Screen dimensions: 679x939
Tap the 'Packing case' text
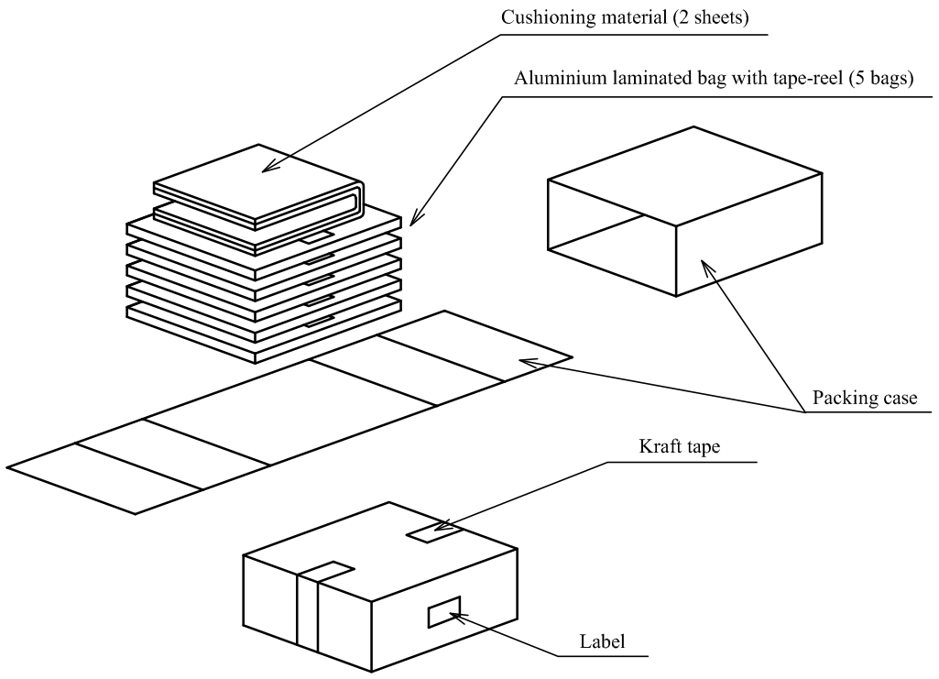(x=864, y=400)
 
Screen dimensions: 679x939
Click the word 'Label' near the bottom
(x=602, y=641)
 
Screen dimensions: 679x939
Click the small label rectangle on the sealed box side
(x=444, y=612)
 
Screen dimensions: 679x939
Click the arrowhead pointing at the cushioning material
(x=267, y=169)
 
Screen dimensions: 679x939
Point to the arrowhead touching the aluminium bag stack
(x=414, y=220)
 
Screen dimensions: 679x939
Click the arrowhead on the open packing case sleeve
(x=705, y=265)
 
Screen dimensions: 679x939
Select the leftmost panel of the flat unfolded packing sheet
(x=105, y=476)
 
